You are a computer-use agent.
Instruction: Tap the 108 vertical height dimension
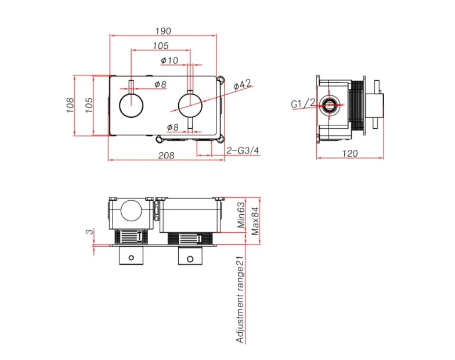tap(70, 105)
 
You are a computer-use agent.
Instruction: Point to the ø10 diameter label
tap(169, 60)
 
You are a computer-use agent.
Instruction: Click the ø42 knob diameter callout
tap(242, 85)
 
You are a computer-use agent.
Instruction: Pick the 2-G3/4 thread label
tap(243, 150)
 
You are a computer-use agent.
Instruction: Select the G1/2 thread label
tap(302, 104)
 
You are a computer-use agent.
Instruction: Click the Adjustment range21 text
tap(240, 300)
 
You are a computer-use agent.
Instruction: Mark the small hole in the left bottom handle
tap(131, 257)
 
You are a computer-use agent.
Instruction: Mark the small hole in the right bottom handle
tap(189, 257)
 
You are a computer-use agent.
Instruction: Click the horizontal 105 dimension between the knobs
tap(161, 46)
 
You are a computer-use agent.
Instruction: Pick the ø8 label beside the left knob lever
tap(160, 85)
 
